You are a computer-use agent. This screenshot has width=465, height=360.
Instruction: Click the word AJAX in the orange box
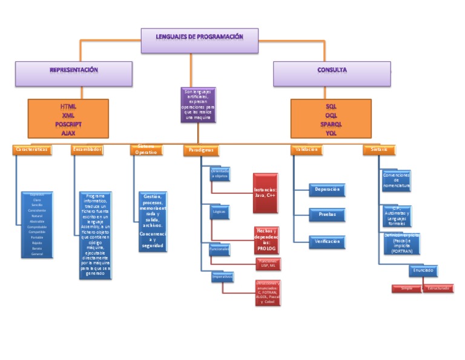68,132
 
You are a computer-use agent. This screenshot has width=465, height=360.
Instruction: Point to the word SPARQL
331,124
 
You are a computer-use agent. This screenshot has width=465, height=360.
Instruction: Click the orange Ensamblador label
87,149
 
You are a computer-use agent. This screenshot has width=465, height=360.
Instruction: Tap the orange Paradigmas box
200,150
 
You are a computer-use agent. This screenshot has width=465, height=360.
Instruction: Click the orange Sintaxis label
379,149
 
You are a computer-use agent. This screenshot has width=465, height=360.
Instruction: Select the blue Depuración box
327,190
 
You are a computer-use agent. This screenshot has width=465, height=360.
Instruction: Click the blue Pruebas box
327,215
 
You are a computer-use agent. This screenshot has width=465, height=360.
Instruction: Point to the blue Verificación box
327,241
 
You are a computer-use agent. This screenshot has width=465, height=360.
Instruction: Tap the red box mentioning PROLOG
266,239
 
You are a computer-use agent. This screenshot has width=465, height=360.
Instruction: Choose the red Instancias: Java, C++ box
265,192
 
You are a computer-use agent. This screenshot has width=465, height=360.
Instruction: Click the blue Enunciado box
423,270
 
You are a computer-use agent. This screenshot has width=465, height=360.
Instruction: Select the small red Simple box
406,288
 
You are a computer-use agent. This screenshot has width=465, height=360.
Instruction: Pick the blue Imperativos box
222,277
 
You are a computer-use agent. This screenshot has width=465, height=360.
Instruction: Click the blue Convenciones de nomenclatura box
396,181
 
